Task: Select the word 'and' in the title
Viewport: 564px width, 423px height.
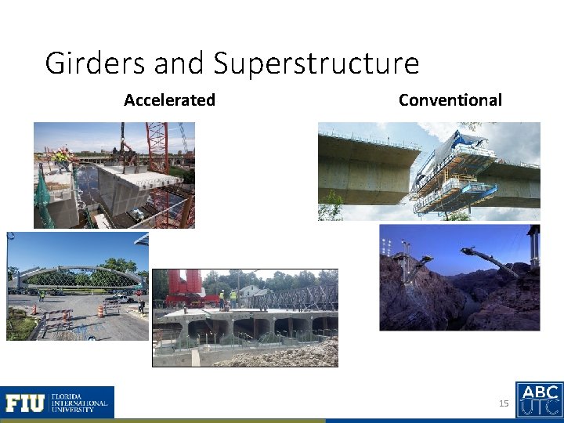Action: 180,63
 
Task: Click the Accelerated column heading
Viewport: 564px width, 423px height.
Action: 169,99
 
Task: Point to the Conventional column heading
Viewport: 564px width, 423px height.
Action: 450,99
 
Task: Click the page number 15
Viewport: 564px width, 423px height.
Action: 504,403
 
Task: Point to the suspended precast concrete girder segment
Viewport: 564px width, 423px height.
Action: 141,184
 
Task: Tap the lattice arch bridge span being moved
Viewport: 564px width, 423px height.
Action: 78,273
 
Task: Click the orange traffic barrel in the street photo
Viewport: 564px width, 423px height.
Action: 100,310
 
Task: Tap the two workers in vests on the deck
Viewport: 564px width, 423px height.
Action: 227,298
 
